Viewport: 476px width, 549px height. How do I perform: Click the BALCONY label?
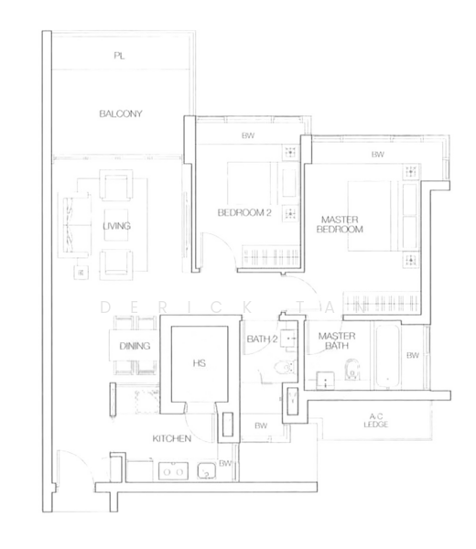coord(121,113)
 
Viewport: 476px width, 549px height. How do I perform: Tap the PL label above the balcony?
coord(119,55)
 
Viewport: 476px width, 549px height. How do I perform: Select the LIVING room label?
coord(116,226)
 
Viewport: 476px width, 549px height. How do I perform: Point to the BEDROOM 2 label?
coord(244,212)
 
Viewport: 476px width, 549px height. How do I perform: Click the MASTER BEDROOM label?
coord(340,224)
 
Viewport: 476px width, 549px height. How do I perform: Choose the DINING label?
coord(135,346)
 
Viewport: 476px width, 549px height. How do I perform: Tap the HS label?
coord(200,363)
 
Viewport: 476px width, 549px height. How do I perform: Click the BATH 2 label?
coord(263,339)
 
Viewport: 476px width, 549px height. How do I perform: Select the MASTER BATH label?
coord(337,340)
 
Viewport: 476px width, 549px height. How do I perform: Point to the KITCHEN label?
coord(171,438)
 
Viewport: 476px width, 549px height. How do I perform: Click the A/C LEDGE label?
coord(376,421)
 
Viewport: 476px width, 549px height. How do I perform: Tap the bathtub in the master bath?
coord(386,357)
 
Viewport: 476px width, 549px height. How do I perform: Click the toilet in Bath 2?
coord(285,367)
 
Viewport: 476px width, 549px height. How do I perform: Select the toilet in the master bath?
coord(352,370)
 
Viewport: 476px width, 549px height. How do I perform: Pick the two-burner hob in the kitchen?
coord(173,471)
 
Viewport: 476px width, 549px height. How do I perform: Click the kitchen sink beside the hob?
coord(206,471)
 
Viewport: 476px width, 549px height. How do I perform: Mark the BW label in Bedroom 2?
coord(248,135)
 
